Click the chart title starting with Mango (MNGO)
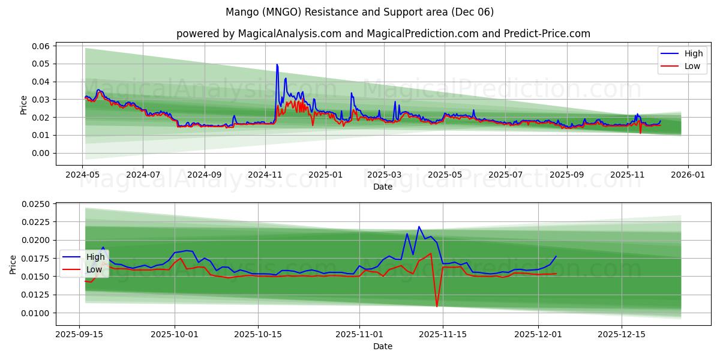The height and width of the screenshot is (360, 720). [359, 12]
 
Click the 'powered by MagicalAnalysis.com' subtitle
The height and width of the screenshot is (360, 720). [383, 34]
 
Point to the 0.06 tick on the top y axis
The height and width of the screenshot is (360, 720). [40, 46]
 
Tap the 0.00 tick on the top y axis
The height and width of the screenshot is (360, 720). [40, 153]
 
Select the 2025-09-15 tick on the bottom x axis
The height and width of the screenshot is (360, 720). [80, 334]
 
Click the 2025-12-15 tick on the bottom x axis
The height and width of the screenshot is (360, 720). [621, 334]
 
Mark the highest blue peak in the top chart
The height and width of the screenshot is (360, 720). [277, 64]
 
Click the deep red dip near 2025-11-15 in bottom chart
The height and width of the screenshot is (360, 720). [437, 306]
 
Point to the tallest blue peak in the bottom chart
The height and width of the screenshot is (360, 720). [419, 227]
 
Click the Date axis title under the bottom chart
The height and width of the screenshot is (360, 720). [383, 346]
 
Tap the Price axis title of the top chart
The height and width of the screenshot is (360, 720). [23, 104]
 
